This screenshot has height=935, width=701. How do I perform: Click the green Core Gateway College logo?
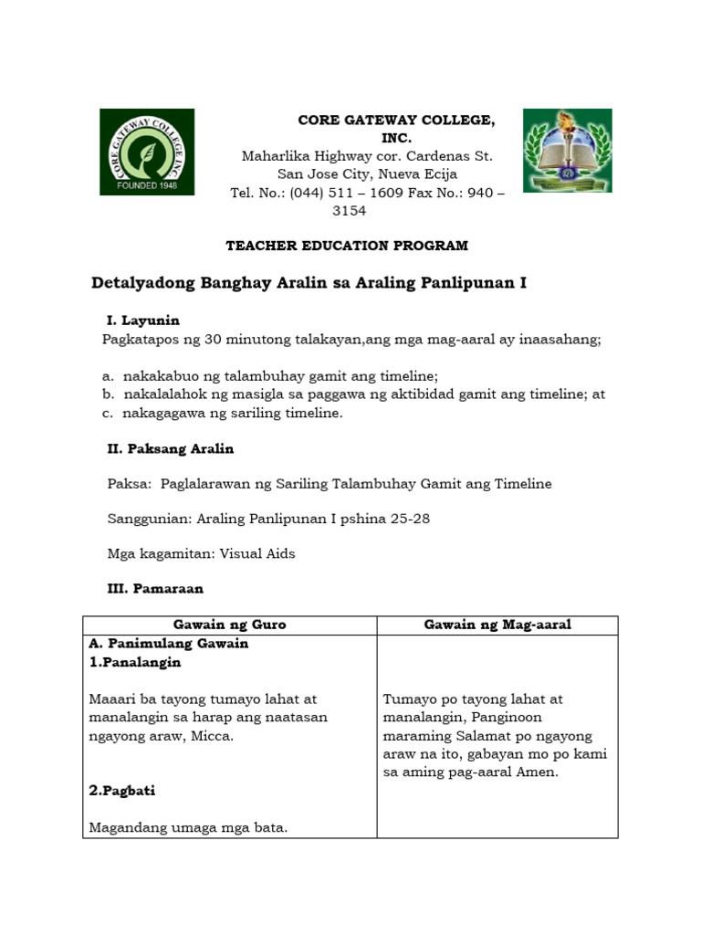point(147,152)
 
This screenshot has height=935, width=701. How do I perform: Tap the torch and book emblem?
point(567,151)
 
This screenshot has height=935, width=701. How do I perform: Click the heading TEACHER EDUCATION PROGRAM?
point(347,246)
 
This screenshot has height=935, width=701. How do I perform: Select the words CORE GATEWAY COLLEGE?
point(396,121)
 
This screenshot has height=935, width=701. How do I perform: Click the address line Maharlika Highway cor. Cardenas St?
point(366,156)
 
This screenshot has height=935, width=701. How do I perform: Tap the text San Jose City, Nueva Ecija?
point(367,174)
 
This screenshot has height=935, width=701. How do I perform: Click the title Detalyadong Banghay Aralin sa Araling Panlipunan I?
point(309,284)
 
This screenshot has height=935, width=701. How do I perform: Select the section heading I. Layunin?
point(143,320)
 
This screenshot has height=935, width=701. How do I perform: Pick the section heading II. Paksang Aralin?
point(171,448)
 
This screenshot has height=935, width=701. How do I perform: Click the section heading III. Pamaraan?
point(155,589)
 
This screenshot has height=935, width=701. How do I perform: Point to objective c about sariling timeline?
point(223,413)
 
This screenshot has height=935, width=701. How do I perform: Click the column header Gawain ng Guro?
point(230,625)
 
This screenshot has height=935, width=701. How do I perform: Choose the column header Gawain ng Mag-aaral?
point(497,625)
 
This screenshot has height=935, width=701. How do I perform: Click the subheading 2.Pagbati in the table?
point(122,791)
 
